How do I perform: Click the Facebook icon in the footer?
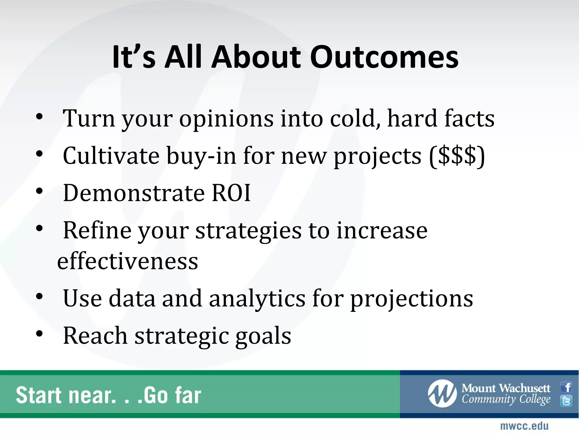tap(567, 387)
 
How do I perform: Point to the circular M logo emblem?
tap(442, 394)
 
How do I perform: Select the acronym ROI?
tap(231, 193)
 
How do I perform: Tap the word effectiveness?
tap(128, 261)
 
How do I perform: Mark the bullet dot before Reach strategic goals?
tap(39, 334)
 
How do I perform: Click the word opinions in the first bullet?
tap(226, 119)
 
